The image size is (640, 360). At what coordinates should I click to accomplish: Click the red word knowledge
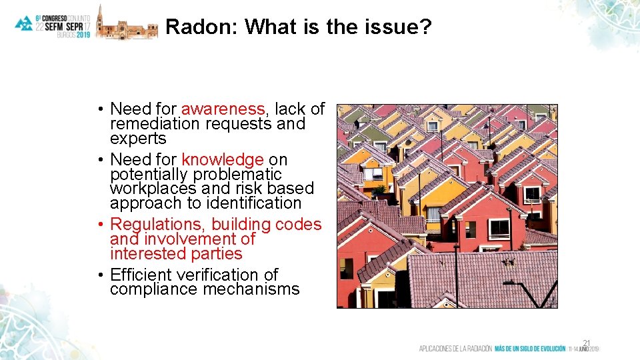point(223,160)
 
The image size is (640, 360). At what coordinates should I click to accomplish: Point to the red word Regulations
point(158,225)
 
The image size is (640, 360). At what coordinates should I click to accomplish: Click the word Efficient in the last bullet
point(139,275)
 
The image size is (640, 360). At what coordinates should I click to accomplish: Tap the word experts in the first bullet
point(138,138)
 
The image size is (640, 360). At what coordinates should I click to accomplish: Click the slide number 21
point(587,341)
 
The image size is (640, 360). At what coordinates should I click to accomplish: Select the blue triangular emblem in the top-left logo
point(24,23)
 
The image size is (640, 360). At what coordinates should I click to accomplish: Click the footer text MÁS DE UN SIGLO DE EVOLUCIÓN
point(530,349)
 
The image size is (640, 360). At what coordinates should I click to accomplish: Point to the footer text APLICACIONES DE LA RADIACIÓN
point(455,349)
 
